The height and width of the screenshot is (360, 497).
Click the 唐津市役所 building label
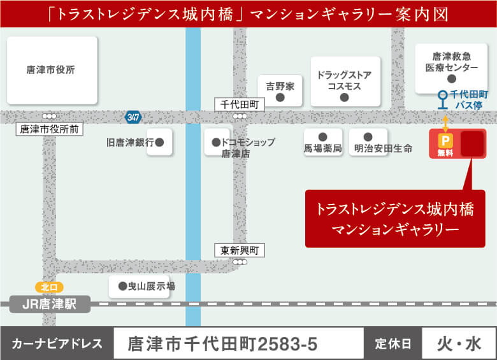(x=51, y=70)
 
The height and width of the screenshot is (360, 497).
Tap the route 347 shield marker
(x=133, y=117)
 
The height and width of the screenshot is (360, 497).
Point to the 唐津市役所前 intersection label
(x=49, y=129)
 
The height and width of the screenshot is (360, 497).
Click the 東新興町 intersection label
(x=239, y=250)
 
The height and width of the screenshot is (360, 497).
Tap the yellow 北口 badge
(x=49, y=287)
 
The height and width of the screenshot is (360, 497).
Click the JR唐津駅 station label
(x=49, y=305)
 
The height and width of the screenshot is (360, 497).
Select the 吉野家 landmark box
(x=280, y=90)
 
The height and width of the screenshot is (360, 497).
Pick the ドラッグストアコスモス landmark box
(x=345, y=82)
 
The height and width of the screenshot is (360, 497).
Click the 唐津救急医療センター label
(x=451, y=62)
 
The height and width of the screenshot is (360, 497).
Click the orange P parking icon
(x=445, y=141)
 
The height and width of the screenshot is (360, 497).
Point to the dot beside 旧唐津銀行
(x=159, y=143)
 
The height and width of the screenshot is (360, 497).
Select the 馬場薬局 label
(x=323, y=148)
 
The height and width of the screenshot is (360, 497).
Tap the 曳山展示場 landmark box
(x=140, y=287)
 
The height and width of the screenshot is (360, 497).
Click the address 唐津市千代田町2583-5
(x=222, y=345)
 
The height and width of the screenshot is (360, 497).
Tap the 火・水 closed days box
(x=459, y=344)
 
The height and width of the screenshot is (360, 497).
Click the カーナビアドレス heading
(x=57, y=345)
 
